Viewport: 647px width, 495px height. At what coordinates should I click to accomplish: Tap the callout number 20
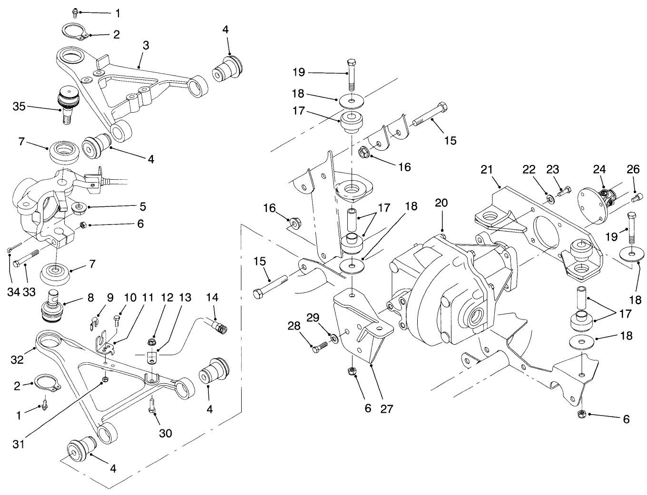click(x=441, y=202)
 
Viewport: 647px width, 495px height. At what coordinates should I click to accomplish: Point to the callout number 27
click(x=387, y=408)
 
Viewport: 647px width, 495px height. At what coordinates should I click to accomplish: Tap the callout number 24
click(x=598, y=170)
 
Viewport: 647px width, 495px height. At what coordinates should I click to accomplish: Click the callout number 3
click(x=146, y=46)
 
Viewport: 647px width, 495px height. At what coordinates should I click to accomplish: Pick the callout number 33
click(x=29, y=292)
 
